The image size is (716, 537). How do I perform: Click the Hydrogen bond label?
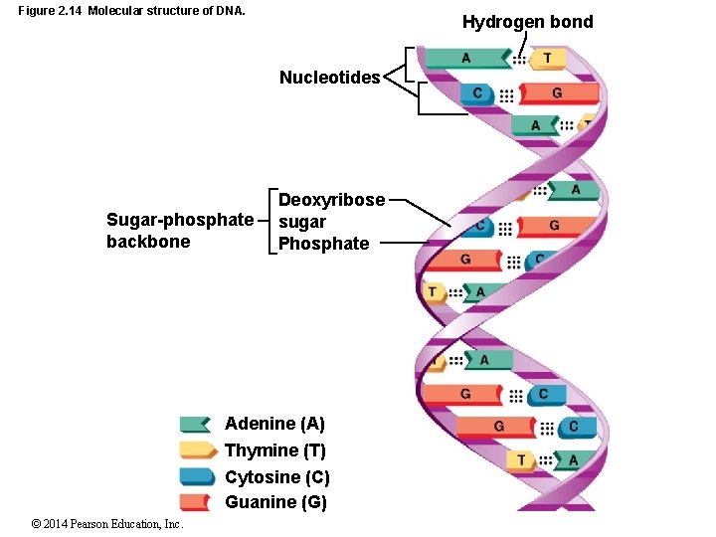527,22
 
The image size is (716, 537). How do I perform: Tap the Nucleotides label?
329,78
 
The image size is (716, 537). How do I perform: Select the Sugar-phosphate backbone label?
180,230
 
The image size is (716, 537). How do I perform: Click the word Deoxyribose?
331,200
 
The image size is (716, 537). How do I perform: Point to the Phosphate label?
323,244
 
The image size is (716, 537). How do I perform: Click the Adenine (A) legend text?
274,424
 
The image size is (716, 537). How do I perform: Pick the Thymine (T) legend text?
275,450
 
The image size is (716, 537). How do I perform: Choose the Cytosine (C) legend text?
277,477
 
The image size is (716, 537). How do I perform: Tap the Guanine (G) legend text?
275,502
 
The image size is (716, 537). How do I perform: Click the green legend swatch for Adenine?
195,425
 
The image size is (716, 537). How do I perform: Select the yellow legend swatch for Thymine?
197,450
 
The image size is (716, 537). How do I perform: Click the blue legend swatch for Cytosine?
197,476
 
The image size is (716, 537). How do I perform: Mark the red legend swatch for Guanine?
195,501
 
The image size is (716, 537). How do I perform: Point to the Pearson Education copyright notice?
106,523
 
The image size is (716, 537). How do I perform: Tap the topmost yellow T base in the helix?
546,59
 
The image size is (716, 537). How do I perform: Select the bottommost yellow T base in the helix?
520,459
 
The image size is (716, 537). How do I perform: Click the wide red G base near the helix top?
558,93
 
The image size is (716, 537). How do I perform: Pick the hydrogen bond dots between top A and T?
519,60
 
